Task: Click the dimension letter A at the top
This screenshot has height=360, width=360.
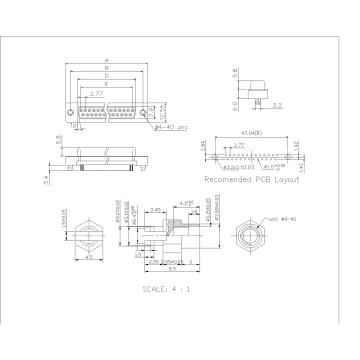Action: click(x=106, y=60)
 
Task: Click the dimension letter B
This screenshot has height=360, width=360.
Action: click(x=106, y=67)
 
